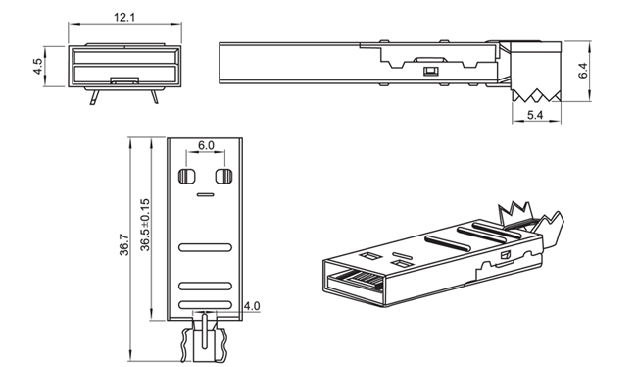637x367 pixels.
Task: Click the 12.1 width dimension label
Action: click(124, 17)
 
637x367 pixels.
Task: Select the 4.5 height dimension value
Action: click(37, 67)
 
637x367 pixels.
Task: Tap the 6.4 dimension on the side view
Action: click(582, 70)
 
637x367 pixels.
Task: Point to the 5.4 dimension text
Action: click(535, 115)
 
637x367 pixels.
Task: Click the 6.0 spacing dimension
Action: click(206, 145)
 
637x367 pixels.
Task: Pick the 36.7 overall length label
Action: click(124, 245)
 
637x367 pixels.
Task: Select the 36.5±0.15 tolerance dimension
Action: click(145, 225)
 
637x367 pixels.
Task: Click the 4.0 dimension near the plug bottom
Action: click(252, 305)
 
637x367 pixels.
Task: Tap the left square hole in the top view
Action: click(187, 177)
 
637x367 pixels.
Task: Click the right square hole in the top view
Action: click(223, 177)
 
